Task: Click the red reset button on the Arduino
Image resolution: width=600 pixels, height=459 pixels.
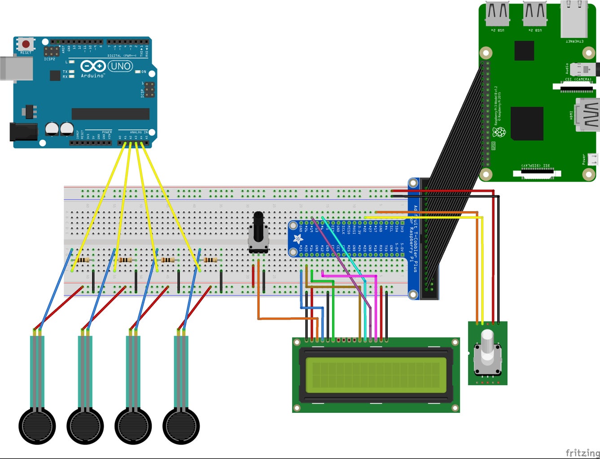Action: pyautogui.click(x=26, y=44)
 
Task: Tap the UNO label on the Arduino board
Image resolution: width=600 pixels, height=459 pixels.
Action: pyautogui.click(x=120, y=66)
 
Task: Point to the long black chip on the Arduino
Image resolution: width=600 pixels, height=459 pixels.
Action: pyautogui.click(x=110, y=114)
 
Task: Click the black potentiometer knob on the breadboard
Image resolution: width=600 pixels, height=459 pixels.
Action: pyautogui.click(x=258, y=226)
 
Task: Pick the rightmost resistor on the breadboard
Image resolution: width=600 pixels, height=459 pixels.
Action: pyautogui.click(x=210, y=260)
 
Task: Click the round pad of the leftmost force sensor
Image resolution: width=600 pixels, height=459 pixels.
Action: pyautogui.click(x=37, y=426)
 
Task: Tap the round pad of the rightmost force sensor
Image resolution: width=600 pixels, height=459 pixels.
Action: pyautogui.click(x=181, y=426)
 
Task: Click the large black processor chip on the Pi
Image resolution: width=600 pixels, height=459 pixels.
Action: pyautogui.click(x=527, y=124)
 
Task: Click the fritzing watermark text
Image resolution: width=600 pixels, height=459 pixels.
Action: pyautogui.click(x=582, y=453)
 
